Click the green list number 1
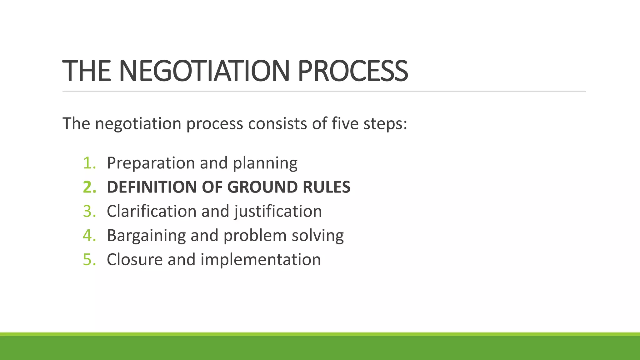pos(89,163)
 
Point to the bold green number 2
pos(89,187)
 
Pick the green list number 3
pos(89,211)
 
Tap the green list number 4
pos(89,235)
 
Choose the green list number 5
pos(89,259)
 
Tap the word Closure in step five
pos(135,259)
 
